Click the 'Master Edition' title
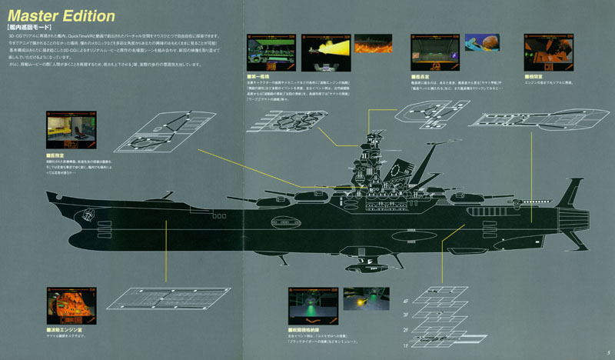tap(61, 15)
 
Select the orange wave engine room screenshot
tap(71, 306)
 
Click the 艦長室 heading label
tap(426, 76)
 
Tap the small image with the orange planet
tap(480, 49)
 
